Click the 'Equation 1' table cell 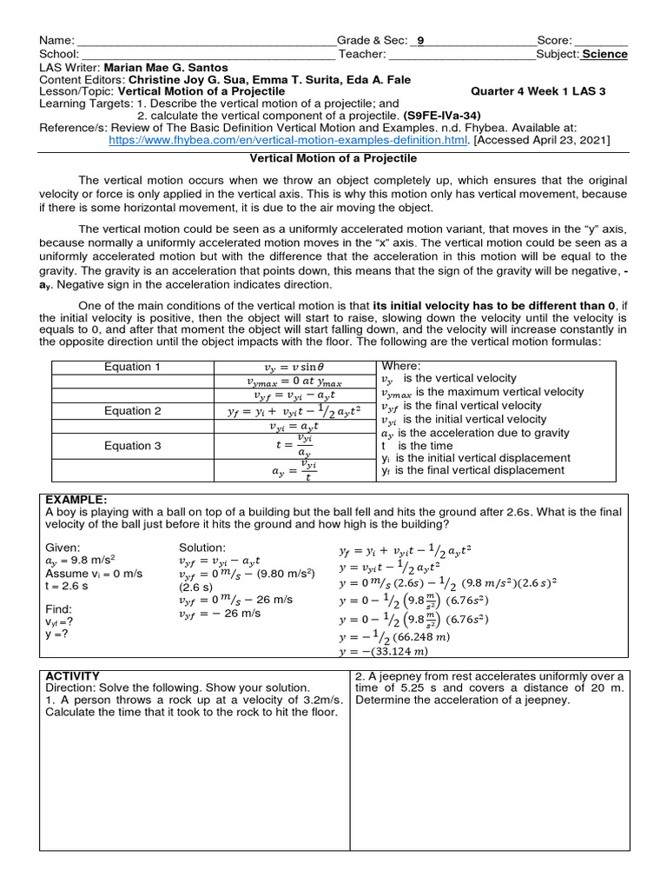[133, 367]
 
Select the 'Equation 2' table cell [133, 411]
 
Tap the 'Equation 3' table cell [133, 446]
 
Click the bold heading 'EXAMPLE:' [76, 500]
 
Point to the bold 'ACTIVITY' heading [72, 676]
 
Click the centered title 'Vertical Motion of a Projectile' [333, 158]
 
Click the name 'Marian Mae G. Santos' [165, 67]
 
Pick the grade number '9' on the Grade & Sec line [421, 41]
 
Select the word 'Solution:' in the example [202, 548]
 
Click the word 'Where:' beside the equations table [400, 366]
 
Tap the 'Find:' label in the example [60, 609]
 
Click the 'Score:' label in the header [554, 41]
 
